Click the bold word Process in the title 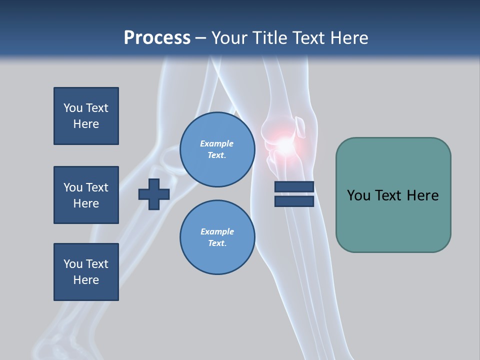coord(157,38)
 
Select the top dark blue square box coord(86,116)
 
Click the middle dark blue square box coord(86,195)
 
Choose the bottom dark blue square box coord(86,272)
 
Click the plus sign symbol coord(154,194)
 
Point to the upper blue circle coord(217,149)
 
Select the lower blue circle coord(217,237)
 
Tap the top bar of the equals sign coord(294,187)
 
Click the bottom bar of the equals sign coord(294,201)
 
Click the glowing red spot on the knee coord(284,145)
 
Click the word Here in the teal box coord(422,195)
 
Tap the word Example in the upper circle coord(217,143)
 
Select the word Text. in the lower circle coord(217,243)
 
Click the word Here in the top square coord(86,124)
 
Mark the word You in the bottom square coord(73,264)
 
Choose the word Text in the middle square coord(97,187)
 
